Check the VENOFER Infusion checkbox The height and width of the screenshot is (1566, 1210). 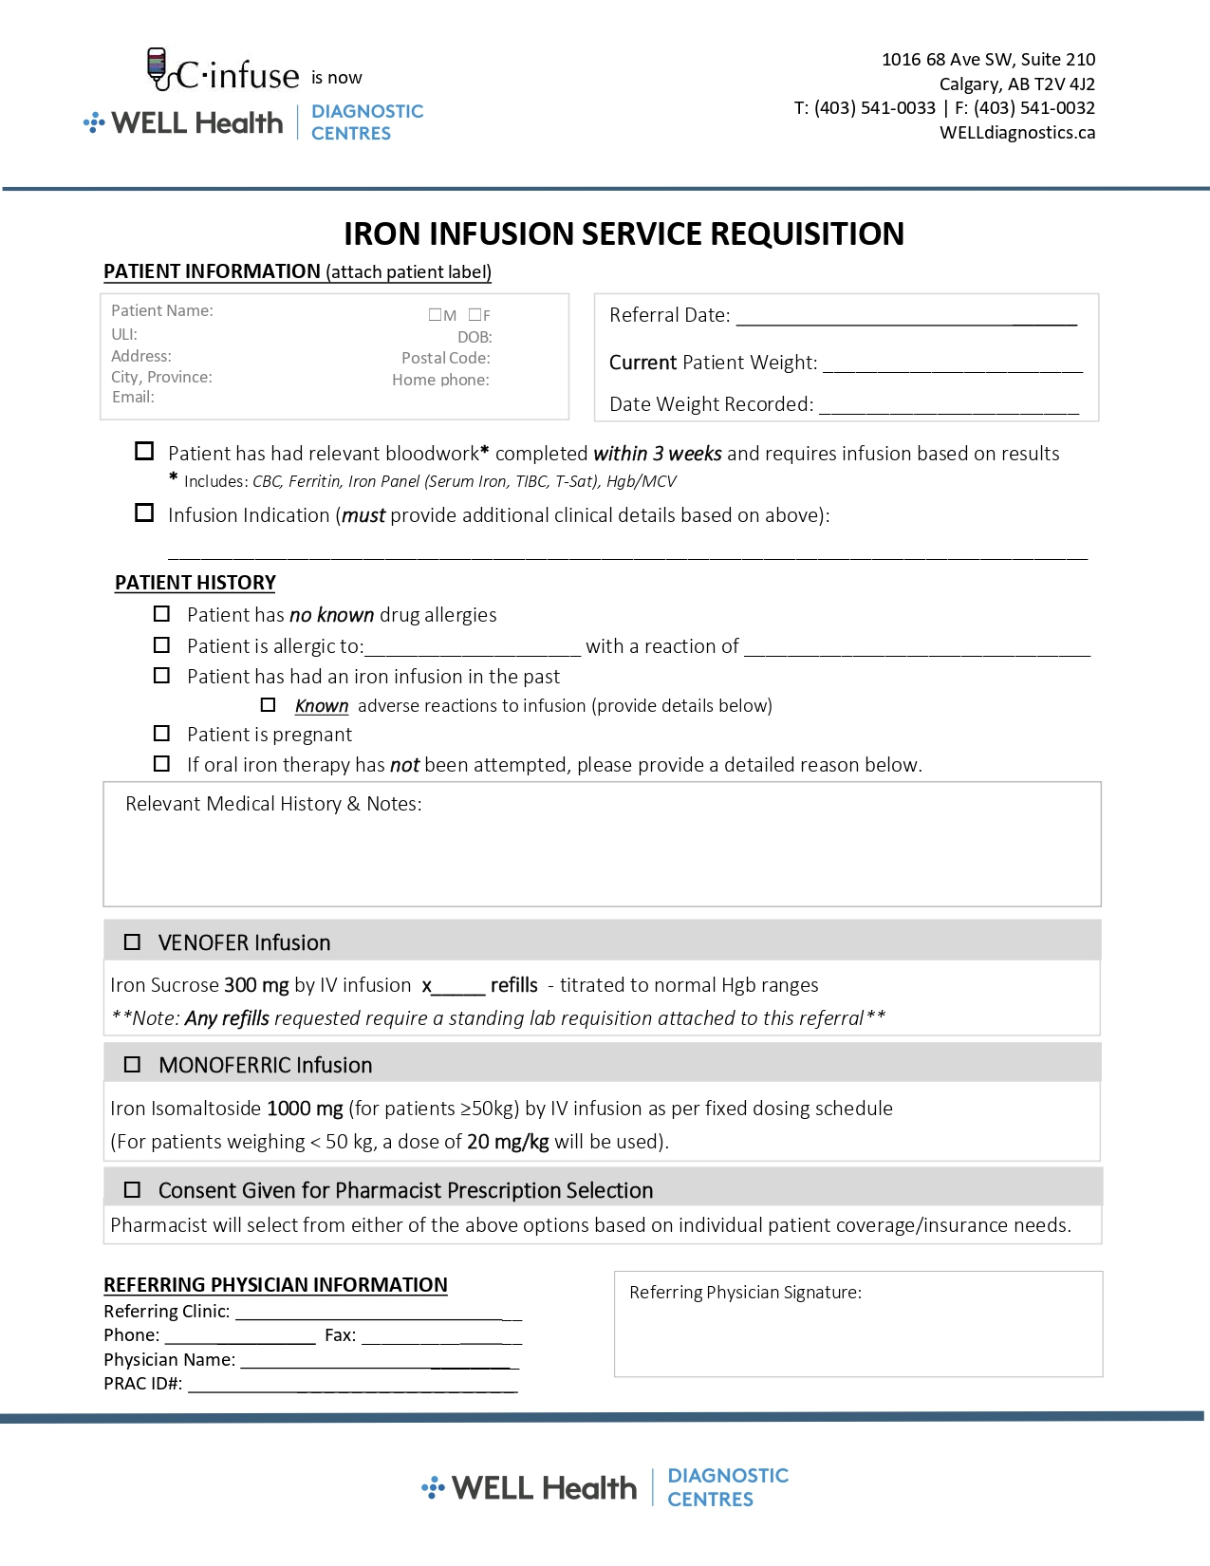tap(132, 942)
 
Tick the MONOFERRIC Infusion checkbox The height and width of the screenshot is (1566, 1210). tap(132, 1065)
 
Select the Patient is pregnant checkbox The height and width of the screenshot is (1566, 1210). tap(162, 734)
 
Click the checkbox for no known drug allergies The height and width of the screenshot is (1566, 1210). tap(162, 614)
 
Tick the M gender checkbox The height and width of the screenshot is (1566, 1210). tap(435, 315)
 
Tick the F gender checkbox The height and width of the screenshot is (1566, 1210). tap(475, 315)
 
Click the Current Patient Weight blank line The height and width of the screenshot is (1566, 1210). tap(952, 364)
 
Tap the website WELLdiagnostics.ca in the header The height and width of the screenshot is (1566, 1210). tap(1017, 133)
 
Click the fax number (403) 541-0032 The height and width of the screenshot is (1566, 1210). tap(1034, 108)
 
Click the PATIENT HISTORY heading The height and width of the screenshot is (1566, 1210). tap(195, 583)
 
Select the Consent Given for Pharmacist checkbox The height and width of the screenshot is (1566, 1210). tap(132, 1190)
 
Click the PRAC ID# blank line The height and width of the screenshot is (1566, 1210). tap(352, 1385)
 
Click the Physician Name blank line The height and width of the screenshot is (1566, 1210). tap(380, 1361)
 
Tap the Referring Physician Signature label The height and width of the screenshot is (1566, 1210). tap(745, 1293)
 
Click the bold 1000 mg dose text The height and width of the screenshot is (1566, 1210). tap(305, 1109)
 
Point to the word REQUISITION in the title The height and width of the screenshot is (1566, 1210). tap(807, 233)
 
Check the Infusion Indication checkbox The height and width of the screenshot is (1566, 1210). tap(144, 513)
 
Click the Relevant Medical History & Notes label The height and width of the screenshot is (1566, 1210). tap(273, 804)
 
